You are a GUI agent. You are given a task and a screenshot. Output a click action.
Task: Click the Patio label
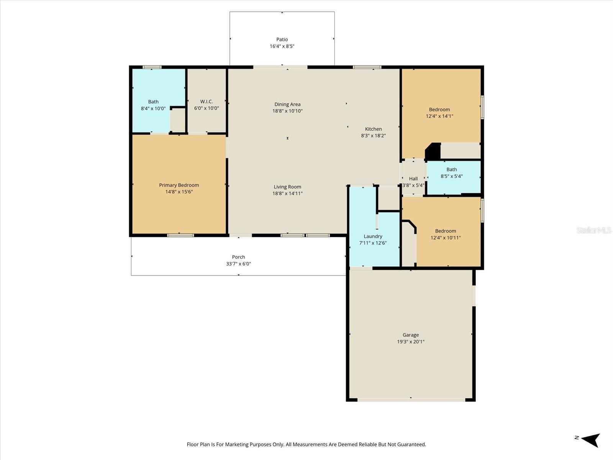[x=282, y=39]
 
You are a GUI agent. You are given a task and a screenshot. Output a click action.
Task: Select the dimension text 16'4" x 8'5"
[x=282, y=46]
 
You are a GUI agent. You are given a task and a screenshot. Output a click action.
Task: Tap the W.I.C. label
[x=207, y=102]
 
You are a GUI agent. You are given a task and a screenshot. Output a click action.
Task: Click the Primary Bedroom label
[x=179, y=185]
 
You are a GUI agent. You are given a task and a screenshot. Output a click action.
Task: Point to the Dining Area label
[x=287, y=104]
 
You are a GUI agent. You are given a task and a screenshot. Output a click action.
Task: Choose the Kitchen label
[x=373, y=129]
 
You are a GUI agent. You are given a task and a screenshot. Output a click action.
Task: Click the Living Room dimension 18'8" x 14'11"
[x=287, y=194]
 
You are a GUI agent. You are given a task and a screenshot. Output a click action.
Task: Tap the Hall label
[x=413, y=179]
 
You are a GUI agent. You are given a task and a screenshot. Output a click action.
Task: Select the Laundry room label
[x=373, y=237]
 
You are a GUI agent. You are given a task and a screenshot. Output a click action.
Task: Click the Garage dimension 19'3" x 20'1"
[x=411, y=342]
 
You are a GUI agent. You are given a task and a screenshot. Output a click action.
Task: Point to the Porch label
[x=238, y=257]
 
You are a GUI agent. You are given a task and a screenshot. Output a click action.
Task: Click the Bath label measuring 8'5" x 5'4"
[x=452, y=169]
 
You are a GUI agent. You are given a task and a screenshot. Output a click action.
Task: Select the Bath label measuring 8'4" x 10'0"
[x=153, y=102]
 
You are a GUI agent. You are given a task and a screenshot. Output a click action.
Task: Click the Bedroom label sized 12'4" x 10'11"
[x=446, y=231]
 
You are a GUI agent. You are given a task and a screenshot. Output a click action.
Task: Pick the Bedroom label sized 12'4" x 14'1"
[x=439, y=110]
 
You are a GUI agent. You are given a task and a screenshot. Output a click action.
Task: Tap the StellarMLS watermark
[x=593, y=230]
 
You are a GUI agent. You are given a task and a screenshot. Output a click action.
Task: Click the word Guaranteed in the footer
[x=411, y=445]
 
